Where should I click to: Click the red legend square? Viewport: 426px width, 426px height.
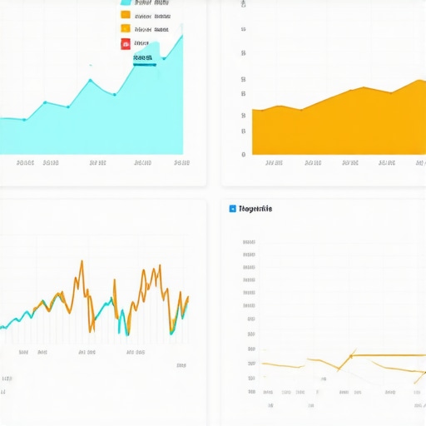[125, 44]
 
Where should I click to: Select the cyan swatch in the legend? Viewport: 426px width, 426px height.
[125, 2]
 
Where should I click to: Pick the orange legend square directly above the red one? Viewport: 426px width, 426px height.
[125, 29]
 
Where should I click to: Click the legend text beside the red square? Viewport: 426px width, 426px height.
[141, 44]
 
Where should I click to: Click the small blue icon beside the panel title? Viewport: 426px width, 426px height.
[232, 209]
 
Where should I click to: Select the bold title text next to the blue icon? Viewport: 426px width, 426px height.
[255, 209]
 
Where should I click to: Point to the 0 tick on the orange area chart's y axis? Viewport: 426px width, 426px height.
[243, 154]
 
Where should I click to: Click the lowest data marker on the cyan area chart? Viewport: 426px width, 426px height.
[24, 119]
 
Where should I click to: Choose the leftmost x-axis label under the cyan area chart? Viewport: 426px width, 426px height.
[24, 163]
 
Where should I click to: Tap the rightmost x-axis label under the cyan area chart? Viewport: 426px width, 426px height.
[182, 163]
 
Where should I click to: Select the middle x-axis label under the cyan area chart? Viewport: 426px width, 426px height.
[98, 163]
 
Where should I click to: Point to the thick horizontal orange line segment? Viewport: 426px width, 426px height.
[387, 355]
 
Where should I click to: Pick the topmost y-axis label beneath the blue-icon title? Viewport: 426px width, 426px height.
[249, 242]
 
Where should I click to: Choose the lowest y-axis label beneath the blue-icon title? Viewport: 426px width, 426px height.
[251, 390]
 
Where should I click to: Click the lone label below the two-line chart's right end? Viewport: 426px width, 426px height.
[181, 364]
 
